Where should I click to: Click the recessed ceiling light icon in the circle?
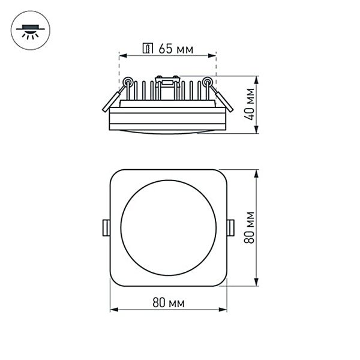[28, 29]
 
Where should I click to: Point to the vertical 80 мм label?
[250, 227]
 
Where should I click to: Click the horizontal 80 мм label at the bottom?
[169, 302]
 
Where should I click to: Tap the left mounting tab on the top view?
[106, 227]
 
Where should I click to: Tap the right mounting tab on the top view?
[231, 227]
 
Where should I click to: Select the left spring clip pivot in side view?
[128, 82]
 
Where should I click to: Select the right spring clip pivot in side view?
[208, 82]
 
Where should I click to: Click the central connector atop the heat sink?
[167, 80]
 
